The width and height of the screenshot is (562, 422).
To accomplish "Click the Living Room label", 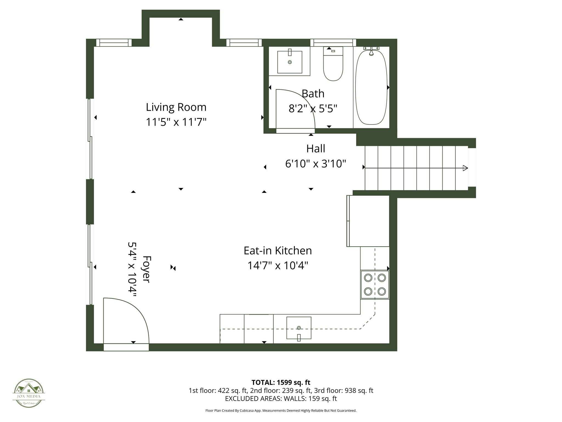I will point(176,107).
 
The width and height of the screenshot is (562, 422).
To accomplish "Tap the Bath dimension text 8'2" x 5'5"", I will point(313,109).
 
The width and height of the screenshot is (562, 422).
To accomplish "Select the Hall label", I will point(316,149).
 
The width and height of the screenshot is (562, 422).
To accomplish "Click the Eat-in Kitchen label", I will point(278,251).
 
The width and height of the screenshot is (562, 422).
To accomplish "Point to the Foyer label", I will point(147,269).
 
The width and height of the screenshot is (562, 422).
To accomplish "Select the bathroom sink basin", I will point(290,62).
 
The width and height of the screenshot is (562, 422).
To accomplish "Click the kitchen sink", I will point(299,328).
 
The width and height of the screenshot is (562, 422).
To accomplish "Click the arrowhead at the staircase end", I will point(465,168).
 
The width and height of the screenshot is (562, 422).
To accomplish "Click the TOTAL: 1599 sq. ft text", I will point(281,382).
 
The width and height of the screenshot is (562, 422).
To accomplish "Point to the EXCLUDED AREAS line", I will point(281,399).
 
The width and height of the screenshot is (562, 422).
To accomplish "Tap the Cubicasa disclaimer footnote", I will point(281,411).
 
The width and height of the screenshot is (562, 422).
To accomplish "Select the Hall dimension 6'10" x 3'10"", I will point(316,164).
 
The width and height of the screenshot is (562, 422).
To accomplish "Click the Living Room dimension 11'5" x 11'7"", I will point(176,122).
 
